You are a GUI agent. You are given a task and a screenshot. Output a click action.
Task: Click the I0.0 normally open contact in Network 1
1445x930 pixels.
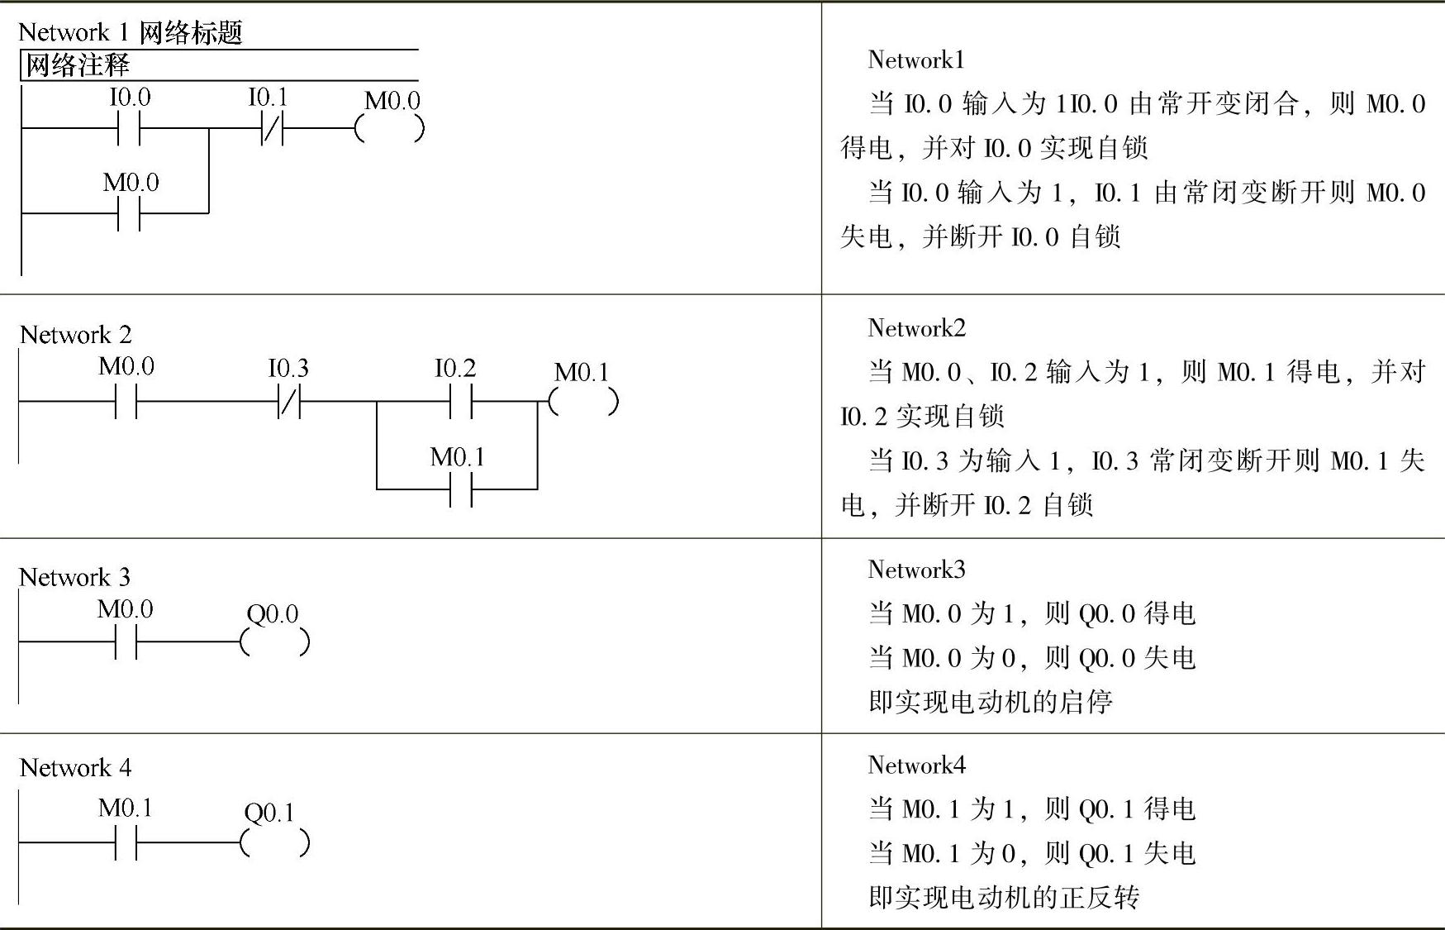coord(130,129)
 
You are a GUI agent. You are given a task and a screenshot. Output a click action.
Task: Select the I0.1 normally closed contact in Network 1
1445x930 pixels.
coord(272,129)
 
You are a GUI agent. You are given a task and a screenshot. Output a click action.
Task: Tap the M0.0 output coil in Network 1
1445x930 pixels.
coord(389,129)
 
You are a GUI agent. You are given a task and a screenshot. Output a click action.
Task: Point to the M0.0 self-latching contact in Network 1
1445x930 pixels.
coord(130,214)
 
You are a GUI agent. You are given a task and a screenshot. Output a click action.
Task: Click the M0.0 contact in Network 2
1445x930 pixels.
coord(126,402)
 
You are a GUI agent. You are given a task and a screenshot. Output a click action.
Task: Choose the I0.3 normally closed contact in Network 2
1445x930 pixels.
coord(289,402)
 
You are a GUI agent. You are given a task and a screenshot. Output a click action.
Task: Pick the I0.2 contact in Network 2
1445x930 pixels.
coord(460,402)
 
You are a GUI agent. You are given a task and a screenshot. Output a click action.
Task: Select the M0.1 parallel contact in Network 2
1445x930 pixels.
coord(460,490)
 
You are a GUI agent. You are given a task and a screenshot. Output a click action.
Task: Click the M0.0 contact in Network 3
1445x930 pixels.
coord(126,642)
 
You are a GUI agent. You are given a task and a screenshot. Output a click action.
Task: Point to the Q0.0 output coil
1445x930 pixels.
coord(274,642)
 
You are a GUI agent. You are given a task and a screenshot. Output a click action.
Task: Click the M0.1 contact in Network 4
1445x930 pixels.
coord(126,843)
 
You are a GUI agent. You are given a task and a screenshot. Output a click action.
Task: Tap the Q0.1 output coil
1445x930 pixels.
coord(274,843)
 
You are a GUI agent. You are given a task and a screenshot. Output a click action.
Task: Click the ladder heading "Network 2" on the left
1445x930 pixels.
coord(76,335)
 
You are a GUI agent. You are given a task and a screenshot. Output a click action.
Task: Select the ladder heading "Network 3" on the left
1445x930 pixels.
coord(75,577)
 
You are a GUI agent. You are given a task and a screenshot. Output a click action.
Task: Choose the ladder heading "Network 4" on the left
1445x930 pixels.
coord(76,768)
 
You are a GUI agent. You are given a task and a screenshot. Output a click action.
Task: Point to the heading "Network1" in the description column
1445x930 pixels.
coord(915,60)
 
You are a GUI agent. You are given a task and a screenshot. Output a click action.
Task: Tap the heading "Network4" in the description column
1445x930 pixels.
coord(916,765)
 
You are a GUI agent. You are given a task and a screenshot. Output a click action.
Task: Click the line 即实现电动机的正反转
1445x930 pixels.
coord(1004,898)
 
